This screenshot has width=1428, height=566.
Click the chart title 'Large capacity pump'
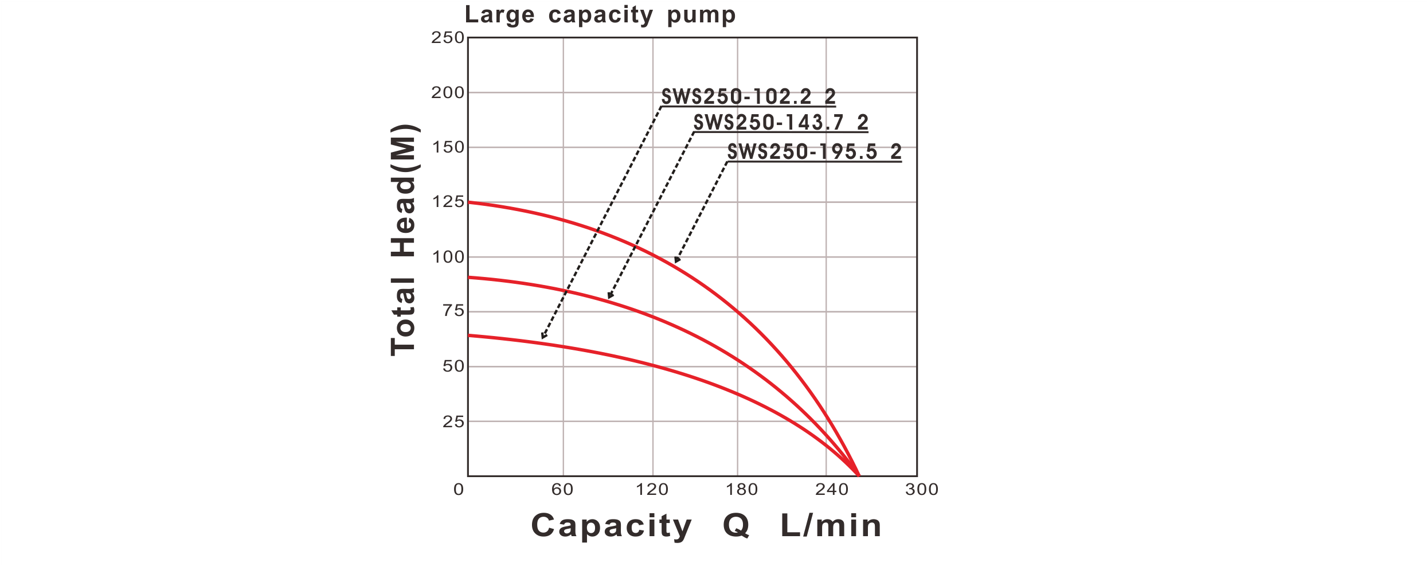click(600, 15)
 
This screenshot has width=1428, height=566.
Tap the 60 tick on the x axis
click(563, 489)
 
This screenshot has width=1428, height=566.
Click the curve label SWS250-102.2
click(748, 97)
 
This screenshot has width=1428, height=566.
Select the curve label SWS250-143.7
click(780, 122)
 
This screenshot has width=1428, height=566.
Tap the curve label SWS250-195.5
click(814, 152)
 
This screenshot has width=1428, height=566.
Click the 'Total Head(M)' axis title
click(405, 240)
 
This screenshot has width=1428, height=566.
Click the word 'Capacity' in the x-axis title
click(611, 526)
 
